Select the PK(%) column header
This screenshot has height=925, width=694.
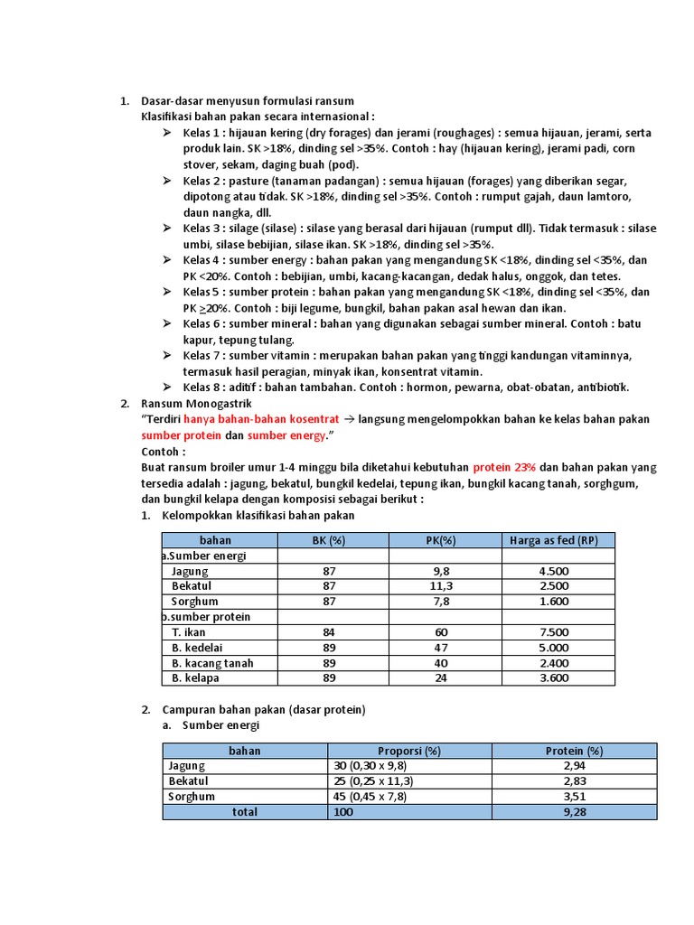(445, 540)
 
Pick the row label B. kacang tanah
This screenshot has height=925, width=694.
(212, 663)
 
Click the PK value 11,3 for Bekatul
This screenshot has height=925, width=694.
(445, 586)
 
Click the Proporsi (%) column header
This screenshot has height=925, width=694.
(408, 751)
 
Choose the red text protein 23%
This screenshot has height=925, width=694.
(504, 468)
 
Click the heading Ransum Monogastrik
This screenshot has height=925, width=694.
(197, 403)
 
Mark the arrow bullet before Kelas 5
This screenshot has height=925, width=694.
(167, 293)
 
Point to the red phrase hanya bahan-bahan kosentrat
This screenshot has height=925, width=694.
(261, 419)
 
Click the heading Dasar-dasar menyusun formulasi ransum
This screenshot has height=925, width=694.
(248, 100)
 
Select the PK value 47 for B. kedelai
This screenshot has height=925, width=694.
(445, 648)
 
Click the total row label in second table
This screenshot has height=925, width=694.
(244, 812)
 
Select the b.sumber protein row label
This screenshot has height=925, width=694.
(206, 617)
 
